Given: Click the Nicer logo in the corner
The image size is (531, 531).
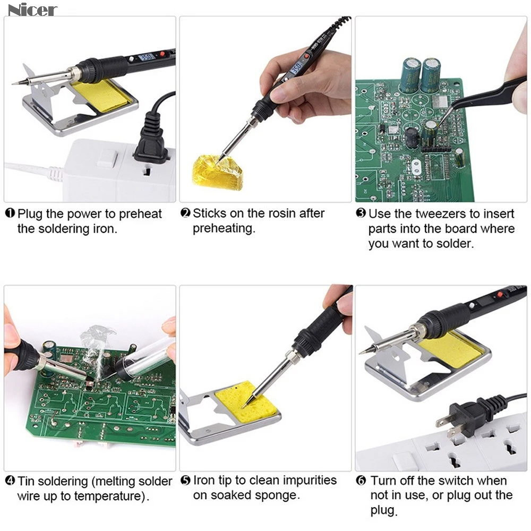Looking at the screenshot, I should tap(32, 9).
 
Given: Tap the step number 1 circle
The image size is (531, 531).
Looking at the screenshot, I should tap(10, 214).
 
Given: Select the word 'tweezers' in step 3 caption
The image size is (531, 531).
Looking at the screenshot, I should tap(427, 214).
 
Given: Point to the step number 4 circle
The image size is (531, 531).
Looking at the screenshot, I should tap(10, 482).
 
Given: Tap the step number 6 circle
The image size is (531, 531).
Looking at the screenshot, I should tap(361, 481).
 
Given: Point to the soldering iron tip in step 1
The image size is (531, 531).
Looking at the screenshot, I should tap(16, 83).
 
